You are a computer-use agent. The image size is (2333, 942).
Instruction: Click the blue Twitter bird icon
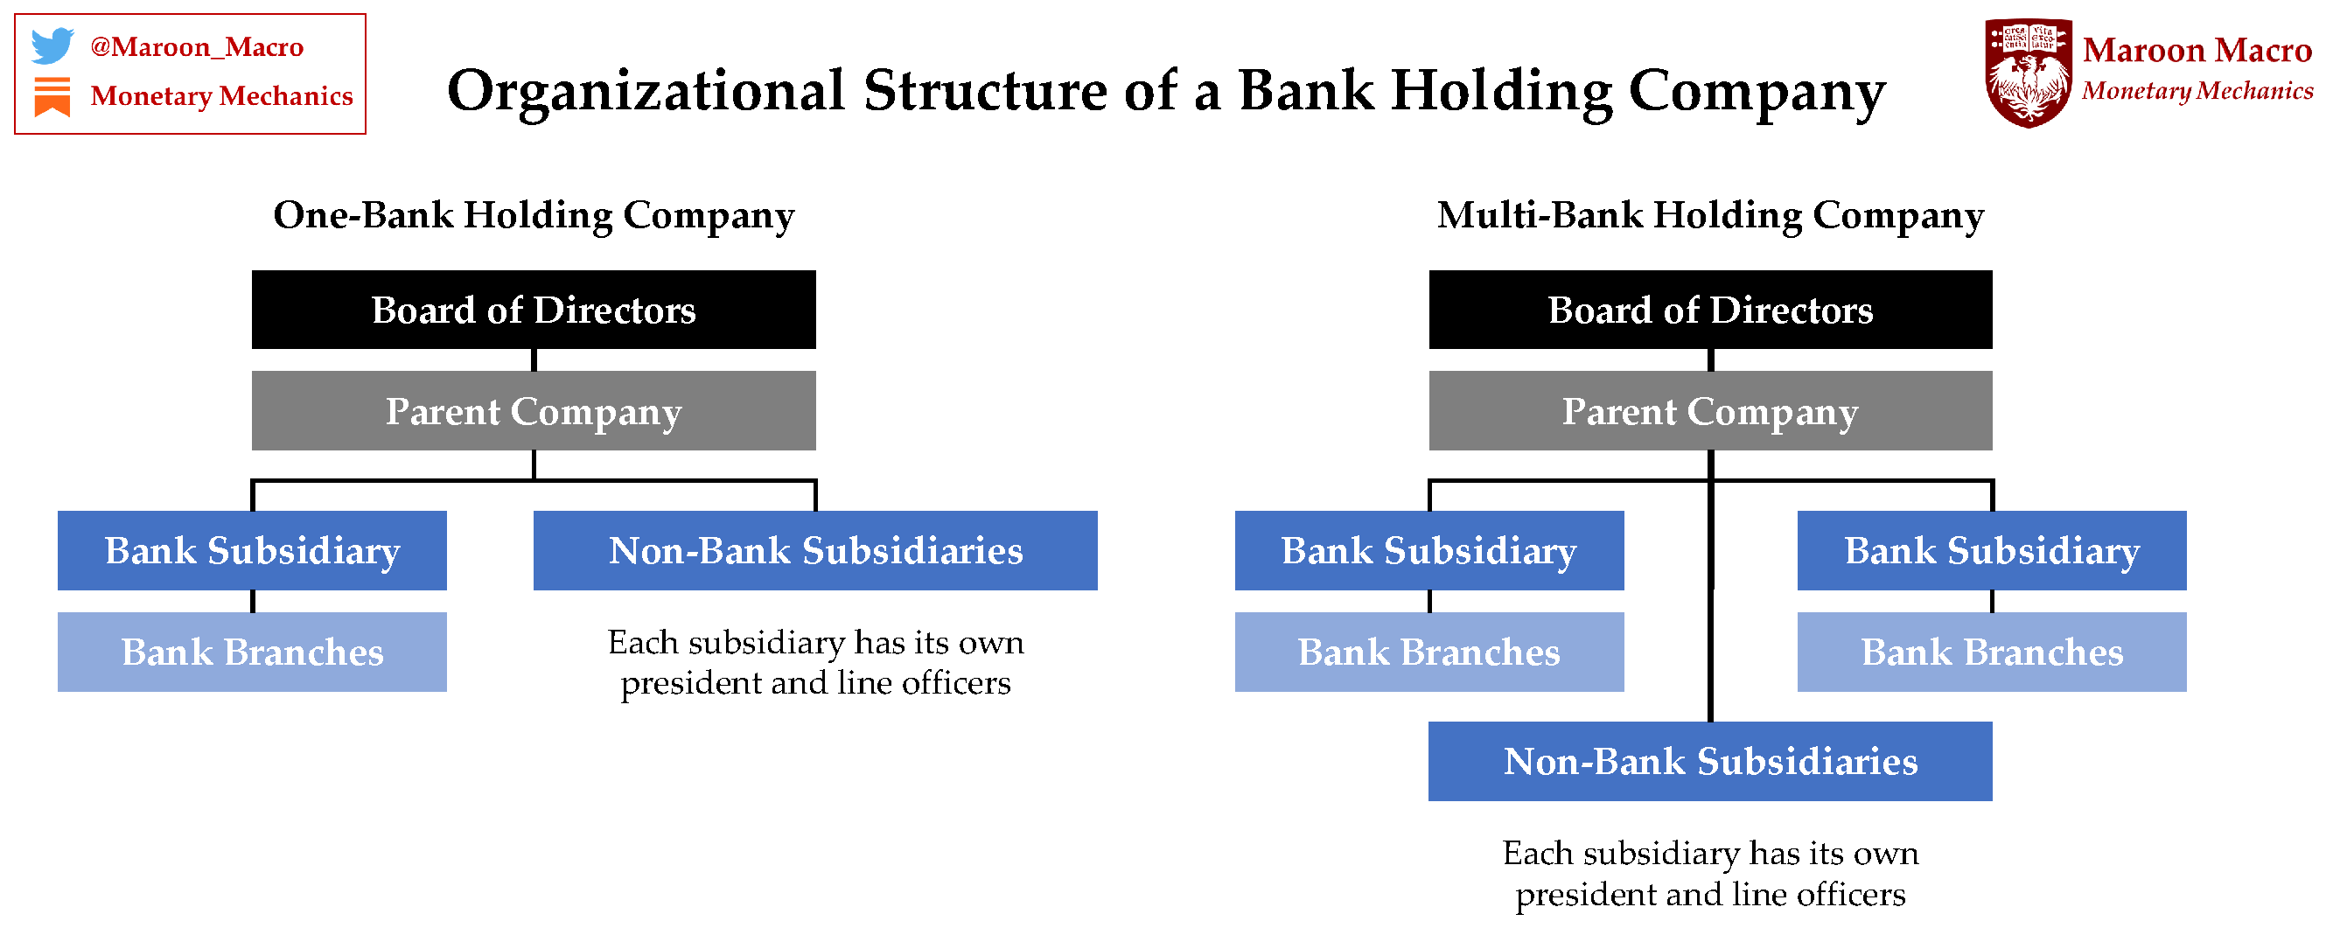pyautogui.click(x=52, y=45)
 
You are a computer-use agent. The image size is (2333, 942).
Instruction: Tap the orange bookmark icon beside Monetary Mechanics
pyautogui.click(x=52, y=96)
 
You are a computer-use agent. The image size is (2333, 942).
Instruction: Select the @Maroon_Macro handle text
pyautogui.click(x=197, y=46)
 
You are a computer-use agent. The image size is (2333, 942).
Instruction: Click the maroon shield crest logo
pyautogui.click(x=2027, y=72)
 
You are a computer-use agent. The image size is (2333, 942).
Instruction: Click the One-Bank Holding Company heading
pyautogui.click(x=534, y=215)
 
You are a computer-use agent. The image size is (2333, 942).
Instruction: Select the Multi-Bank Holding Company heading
pyautogui.click(x=1709, y=215)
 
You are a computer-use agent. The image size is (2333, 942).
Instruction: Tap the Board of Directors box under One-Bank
pyautogui.click(x=534, y=310)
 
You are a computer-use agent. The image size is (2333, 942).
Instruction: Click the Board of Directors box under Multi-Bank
pyautogui.click(x=1709, y=310)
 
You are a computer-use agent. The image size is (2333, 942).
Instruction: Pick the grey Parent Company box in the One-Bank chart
pyautogui.click(x=534, y=410)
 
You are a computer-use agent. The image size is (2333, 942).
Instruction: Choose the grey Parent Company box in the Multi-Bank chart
pyautogui.click(x=1709, y=410)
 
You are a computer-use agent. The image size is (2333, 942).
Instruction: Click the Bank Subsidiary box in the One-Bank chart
pyautogui.click(x=252, y=551)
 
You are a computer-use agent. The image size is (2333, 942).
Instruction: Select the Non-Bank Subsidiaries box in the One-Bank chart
pyautogui.click(x=814, y=551)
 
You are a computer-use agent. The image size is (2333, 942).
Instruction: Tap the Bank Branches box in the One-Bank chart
pyautogui.click(x=252, y=652)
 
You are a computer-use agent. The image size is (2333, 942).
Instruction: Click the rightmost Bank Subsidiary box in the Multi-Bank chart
pyautogui.click(x=1991, y=551)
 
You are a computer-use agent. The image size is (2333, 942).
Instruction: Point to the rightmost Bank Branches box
pyautogui.click(x=1991, y=652)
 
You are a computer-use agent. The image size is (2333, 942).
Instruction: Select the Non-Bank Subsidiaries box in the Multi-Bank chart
pyautogui.click(x=1709, y=761)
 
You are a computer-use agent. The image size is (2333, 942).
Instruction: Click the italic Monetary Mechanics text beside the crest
pyautogui.click(x=2197, y=92)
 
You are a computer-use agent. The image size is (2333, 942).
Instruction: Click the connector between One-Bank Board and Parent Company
pyautogui.click(x=534, y=359)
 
